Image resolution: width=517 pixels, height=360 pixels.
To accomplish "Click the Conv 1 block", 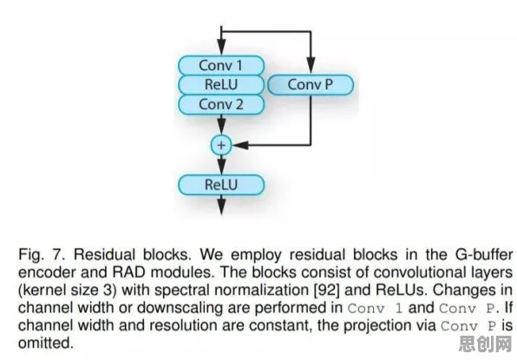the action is coord(221,65).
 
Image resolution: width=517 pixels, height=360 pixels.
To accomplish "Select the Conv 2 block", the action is coord(221,104).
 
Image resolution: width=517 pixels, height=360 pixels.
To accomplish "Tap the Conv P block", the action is coord(311,85).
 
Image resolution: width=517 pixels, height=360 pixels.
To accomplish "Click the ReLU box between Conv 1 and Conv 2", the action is coord(221,85).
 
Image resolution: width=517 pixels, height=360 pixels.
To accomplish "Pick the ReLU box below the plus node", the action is coord(221,185).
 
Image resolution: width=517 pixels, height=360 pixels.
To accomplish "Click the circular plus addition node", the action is coord(221,145).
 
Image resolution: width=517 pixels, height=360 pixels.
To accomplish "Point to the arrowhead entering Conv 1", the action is coord(221,47).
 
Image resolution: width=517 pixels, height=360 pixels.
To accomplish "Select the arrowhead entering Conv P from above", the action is coord(311,65).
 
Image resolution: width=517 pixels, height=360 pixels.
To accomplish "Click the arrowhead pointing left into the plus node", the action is coord(240,145).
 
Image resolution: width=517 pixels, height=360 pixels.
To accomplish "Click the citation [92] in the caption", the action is coord(326,290).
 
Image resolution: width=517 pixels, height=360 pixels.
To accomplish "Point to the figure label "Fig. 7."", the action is coord(43,255).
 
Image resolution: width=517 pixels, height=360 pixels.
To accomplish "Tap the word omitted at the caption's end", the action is coord(45,343).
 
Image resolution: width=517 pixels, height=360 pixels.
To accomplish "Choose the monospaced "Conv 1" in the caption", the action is coord(376,308).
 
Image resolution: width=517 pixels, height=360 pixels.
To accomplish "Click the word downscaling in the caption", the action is coord(191,308).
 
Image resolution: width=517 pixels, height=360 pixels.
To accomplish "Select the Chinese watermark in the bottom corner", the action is coord(486,344).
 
